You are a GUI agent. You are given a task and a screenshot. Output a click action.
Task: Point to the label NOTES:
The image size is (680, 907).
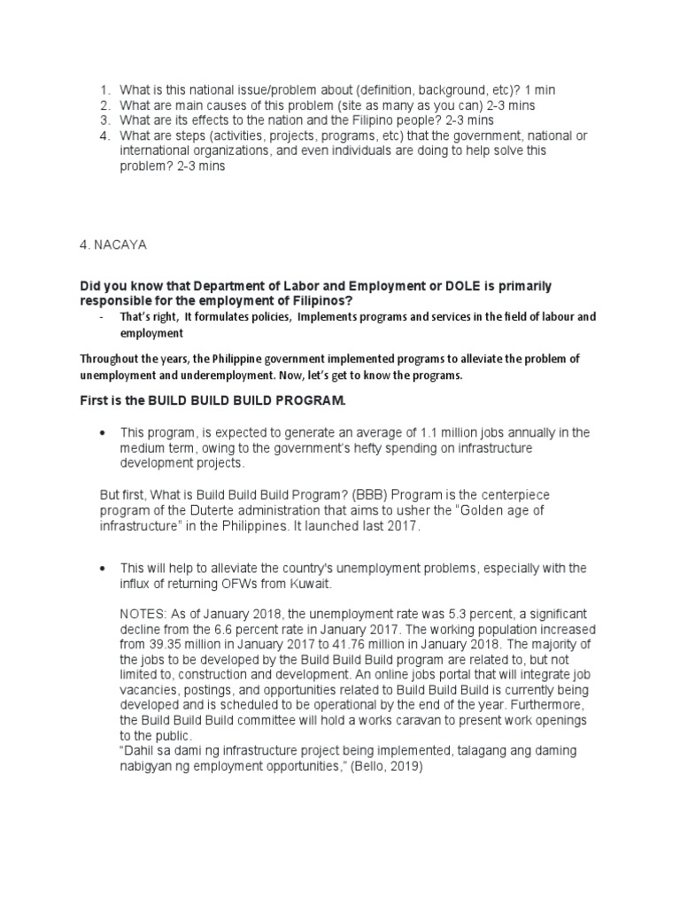(x=143, y=614)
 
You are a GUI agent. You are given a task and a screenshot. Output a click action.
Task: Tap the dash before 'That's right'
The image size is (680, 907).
(x=103, y=316)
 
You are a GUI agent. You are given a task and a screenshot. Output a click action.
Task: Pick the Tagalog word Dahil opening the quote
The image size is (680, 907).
(x=141, y=750)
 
